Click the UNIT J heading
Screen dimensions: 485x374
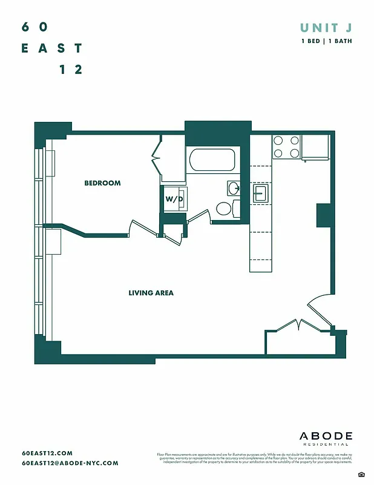326,27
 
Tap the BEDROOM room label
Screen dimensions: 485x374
102,183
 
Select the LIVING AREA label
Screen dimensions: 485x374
151,293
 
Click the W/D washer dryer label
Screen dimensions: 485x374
174,198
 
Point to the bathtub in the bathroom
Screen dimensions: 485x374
212,161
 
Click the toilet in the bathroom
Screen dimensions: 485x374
225,209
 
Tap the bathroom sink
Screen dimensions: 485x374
234,187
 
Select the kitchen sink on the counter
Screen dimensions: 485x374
261,193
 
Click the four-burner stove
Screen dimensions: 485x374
286,146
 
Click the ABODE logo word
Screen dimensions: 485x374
326,436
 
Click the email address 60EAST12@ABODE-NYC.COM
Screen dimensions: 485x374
70,463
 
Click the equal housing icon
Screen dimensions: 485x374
361,473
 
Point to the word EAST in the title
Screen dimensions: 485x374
52,48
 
